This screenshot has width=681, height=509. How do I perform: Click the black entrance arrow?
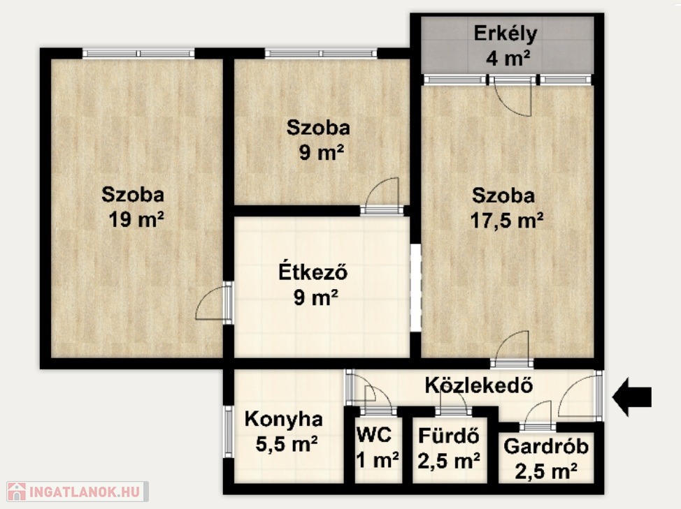pyautogui.click(x=631, y=397)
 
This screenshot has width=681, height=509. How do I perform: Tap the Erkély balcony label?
pyautogui.click(x=506, y=34)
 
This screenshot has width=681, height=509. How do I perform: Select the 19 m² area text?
pyautogui.click(x=136, y=219)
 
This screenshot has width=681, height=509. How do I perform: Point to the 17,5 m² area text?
pyautogui.click(x=507, y=220)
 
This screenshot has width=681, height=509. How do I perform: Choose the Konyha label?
pyautogui.click(x=284, y=420)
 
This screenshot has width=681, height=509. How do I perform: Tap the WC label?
pyautogui.click(x=374, y=434)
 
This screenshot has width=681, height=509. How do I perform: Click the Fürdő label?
pyautogui.click(x=449, y=435)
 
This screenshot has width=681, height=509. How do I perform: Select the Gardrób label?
pyautogui.click(x=546, y=446)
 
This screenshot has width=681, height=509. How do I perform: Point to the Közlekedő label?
pyautogui.click(x=479, y=385)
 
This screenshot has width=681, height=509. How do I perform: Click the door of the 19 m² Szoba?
pyautogui.click(x=213, y=302)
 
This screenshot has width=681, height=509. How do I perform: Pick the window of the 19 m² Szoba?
pyautogui.click(x=138, y=53)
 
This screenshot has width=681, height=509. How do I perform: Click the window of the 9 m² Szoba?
pyautogui.click(x=321, y=53)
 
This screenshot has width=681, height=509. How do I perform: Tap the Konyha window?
pyautogui.click(x=228, y=431)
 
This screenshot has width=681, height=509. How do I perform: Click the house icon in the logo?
pyautogui.click(x=17, y=492)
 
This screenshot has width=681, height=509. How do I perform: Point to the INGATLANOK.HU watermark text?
pyautogui.click(x=85, y=492)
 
